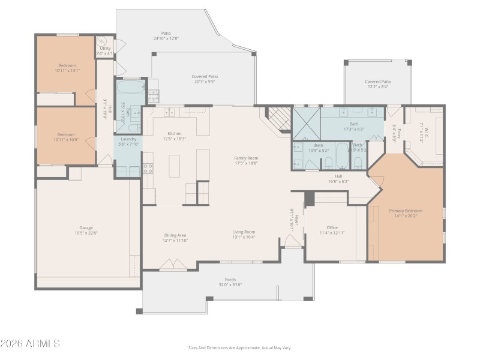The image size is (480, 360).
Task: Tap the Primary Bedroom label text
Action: tap(406, 211)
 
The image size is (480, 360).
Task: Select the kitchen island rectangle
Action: tap(175, 166)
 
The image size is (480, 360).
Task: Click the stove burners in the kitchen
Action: tap(148, 169)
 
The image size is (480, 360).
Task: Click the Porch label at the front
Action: tap(230, 279)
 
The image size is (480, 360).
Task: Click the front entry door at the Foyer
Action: tap(293, 241)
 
